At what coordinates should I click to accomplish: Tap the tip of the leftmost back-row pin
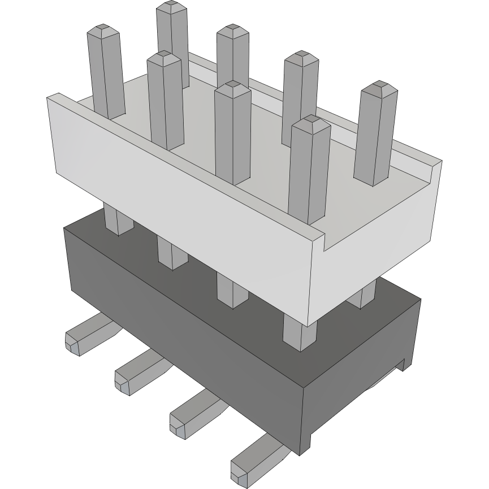[x=172, y=7]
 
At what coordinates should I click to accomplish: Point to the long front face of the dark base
[x=181, y=317]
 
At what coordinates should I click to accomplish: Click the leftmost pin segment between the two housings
[x=118, y=220]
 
